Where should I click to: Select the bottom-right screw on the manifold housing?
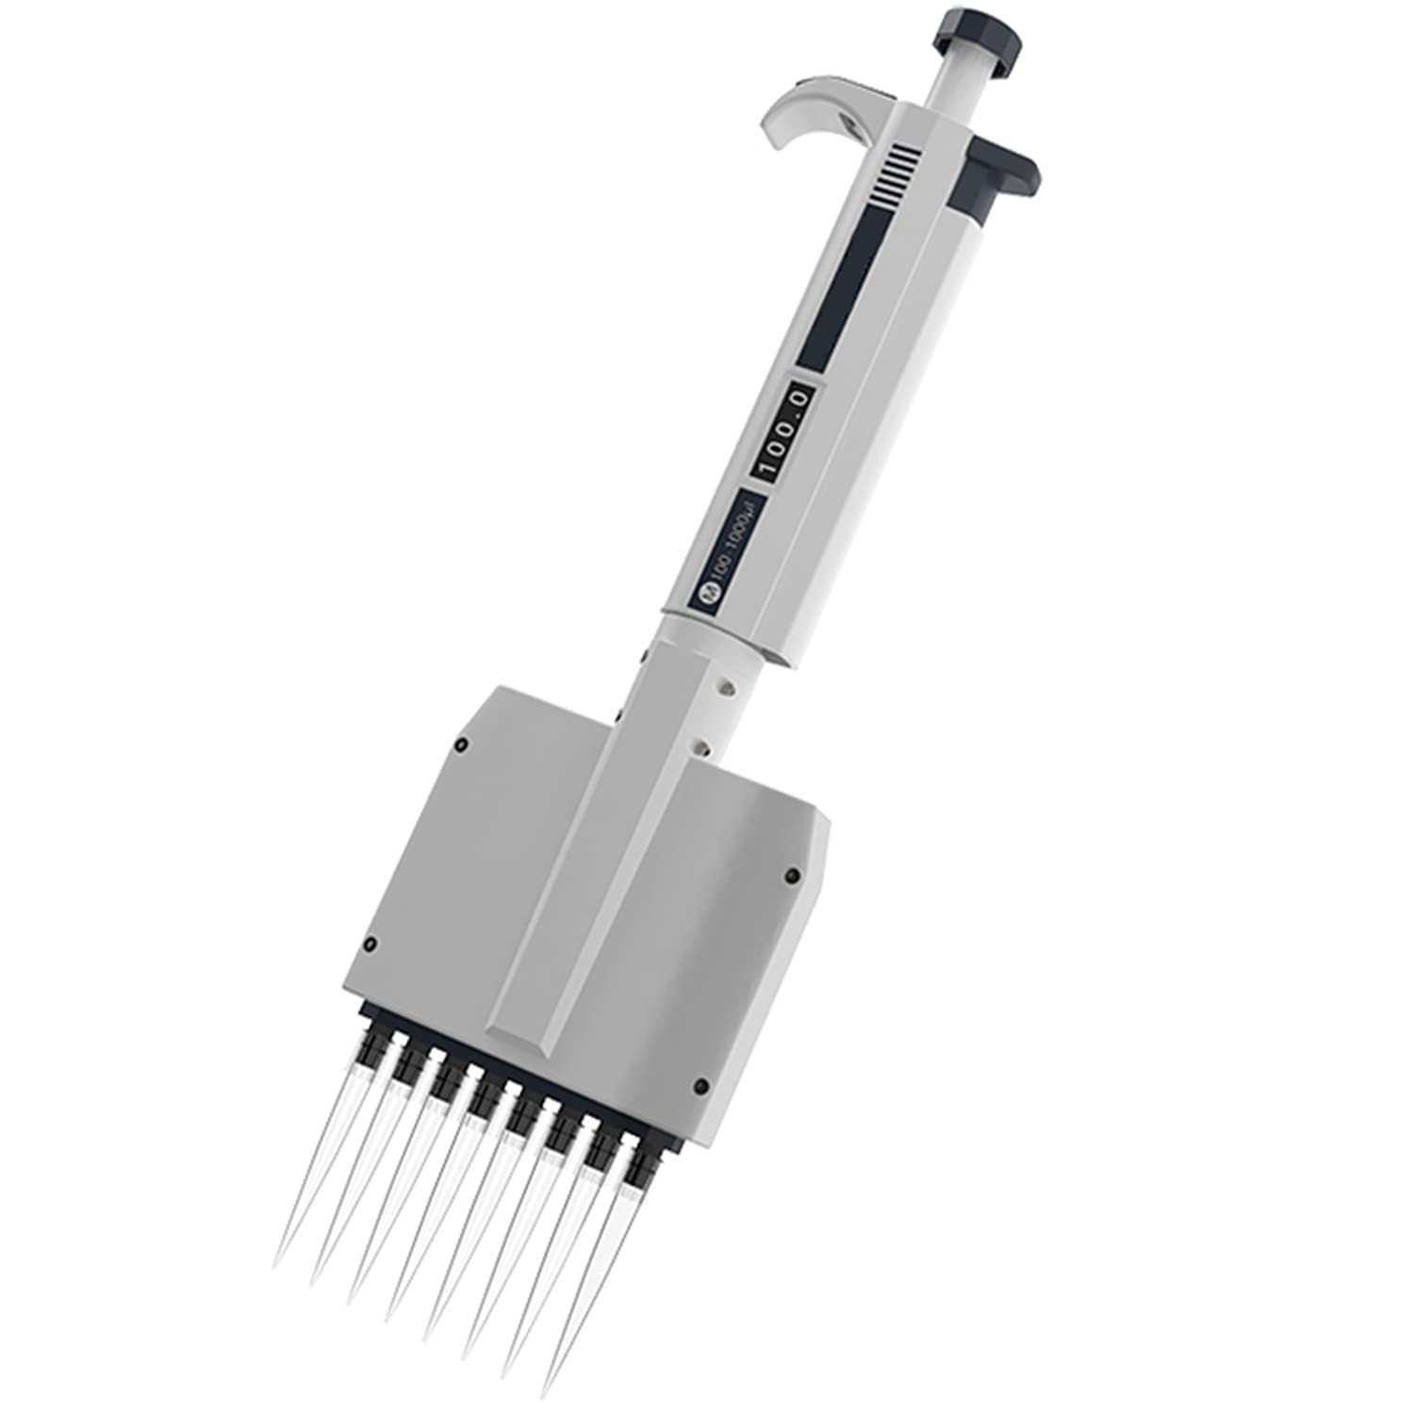pyautogui.click(x=702, y=1087)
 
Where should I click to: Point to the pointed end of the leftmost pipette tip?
pyautogui.click(x=275, y=1267)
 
